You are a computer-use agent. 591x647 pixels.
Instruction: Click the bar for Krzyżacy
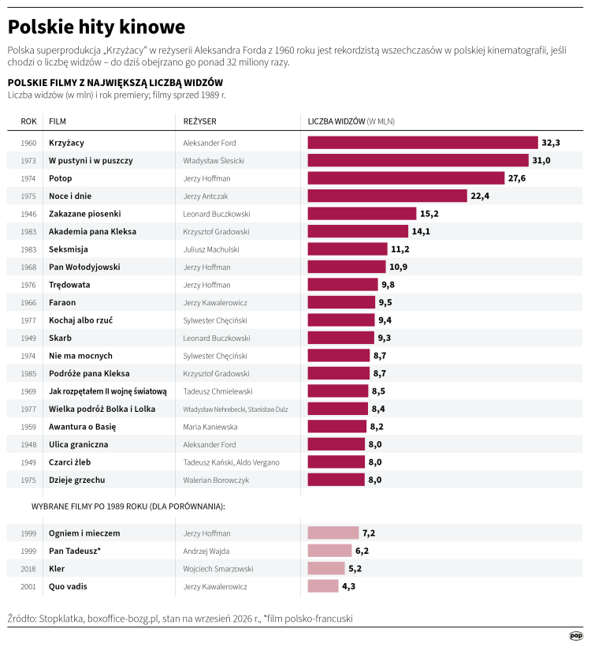coord(423,143)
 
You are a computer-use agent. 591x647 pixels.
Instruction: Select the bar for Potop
coord(406,178)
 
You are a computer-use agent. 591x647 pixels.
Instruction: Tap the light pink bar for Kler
coord(326,569)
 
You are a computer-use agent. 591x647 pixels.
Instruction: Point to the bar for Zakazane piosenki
coord(362,214)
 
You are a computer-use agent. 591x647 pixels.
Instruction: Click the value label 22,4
coord(480,196)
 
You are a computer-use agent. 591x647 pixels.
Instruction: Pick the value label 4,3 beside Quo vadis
coord(348,586)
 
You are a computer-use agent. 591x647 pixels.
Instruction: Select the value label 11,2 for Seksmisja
coord(400,249)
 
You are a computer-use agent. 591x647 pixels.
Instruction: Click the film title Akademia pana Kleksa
coord(92,231)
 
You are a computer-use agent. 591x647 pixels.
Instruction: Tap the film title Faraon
coord(62,302)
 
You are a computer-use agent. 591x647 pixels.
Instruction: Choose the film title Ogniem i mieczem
coord(84,533)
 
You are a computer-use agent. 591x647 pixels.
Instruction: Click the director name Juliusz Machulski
coord(211,249)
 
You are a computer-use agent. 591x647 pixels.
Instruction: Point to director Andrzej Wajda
coord(206,551)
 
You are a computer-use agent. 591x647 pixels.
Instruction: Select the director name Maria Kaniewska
coord(210,427)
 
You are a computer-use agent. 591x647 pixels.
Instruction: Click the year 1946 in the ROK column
coord(28,214)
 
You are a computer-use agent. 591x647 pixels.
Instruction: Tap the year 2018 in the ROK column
coord(28,569)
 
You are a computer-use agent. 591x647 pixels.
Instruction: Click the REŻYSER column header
coord(200,122)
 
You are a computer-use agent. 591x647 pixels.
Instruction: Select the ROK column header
coord(29,122)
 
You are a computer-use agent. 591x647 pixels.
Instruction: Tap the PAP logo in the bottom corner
coord(576,636)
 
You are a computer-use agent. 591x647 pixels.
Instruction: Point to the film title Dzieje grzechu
coord(77,480)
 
